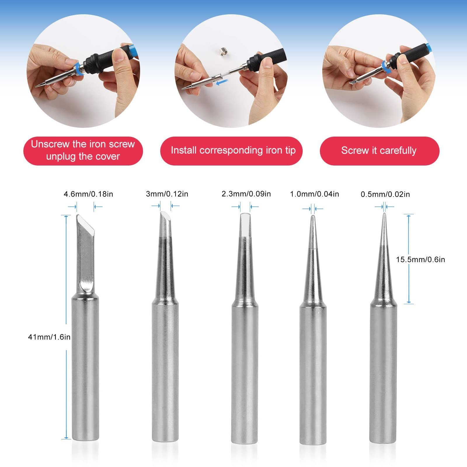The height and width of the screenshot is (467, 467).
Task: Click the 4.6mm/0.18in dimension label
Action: tap(88, 194)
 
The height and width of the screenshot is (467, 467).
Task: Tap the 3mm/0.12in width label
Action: tap(167, 194)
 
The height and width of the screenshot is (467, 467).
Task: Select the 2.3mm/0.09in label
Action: tap(246, 194)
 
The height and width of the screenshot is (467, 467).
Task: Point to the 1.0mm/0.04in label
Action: tap(314, 194)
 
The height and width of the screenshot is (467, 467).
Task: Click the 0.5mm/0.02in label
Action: tap(385, 194)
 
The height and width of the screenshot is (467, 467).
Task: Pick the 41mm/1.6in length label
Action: tap(49, 337)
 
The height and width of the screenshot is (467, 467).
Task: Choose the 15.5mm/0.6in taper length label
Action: tap(420, 259)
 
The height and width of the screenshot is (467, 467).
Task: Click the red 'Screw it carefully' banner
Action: tap(379, 151)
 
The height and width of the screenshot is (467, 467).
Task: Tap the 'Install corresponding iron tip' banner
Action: tap(233, 151)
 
